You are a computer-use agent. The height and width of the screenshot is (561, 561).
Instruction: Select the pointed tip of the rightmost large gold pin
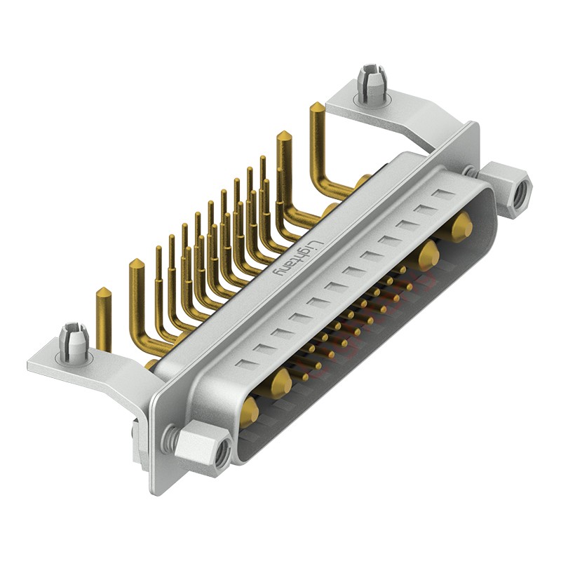click(x=317, y=107)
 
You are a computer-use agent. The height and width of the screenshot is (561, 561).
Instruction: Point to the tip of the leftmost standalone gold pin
click(x=103, y=292)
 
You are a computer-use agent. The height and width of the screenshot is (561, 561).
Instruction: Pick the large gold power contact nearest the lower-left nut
click(x=250, y=412)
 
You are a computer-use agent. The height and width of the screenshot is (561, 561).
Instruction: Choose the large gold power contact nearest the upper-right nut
click(x=461, y=227)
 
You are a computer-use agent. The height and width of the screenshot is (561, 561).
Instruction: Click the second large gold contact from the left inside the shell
click(x=282, y=381)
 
